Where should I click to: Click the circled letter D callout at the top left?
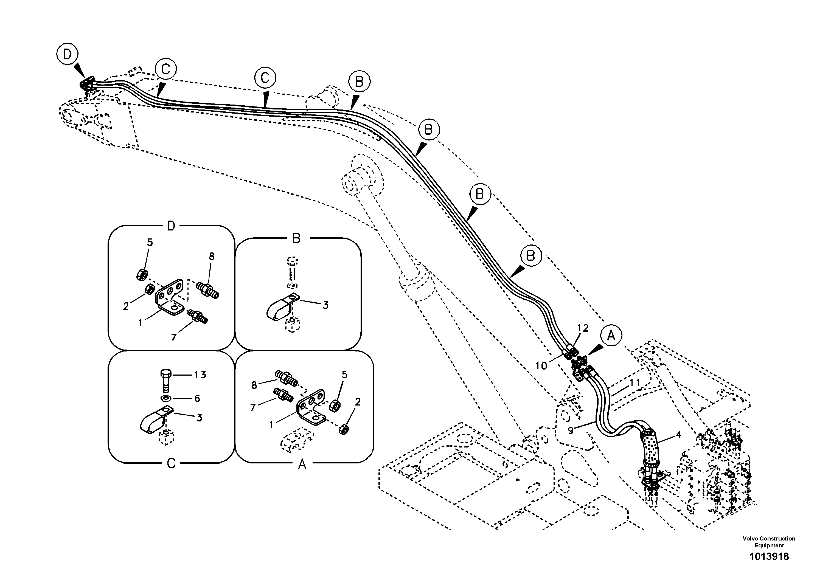[x=67, y=54]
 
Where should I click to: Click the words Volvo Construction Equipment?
[x=769, y=542]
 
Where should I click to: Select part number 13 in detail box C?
[x=200, y=375]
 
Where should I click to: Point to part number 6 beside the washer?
[x=197, y=398]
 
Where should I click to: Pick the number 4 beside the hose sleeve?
[x=678, y=435]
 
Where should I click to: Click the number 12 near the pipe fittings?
[x=583, y=328]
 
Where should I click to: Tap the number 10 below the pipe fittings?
[x=541, y=366]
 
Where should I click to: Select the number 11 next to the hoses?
[x=635, y=383]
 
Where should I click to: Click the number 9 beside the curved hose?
[x=571, y=430]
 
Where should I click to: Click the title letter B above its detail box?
[x=296, y=238]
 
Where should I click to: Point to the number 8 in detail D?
[x=212, y=257]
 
